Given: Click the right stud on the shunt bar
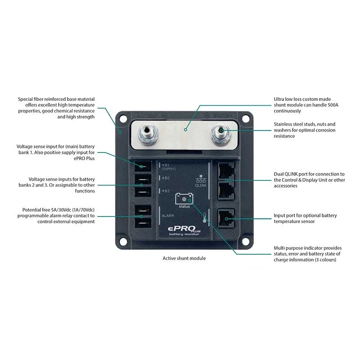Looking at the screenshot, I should tap(221, 132).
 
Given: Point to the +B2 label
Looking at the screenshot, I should tap(166, 178).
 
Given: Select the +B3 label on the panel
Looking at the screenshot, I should tap(166, 191).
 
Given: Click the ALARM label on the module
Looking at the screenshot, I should tap(167, 216).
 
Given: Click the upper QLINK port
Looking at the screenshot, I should tap(225, 171).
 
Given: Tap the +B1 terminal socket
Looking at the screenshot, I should tap(142, 166).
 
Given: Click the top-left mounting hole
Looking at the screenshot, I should tap(121, 119).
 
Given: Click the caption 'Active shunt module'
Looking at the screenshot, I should tap(184, 258).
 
